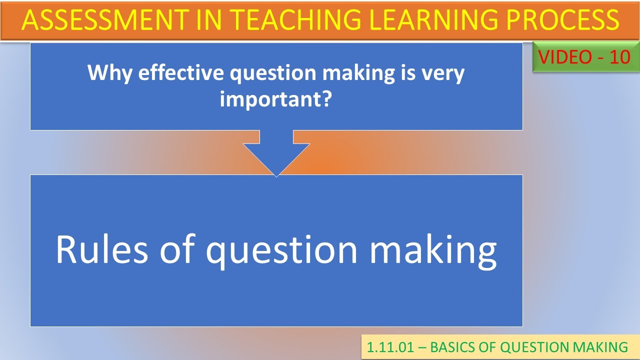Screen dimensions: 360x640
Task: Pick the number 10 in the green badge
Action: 620,57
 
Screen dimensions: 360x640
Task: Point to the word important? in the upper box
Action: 276,99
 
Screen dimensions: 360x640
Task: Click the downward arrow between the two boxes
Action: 276,155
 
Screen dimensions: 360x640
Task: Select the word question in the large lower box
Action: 282,250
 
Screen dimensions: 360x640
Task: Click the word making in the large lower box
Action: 433,250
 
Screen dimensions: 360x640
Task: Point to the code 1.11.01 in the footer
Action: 390,347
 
